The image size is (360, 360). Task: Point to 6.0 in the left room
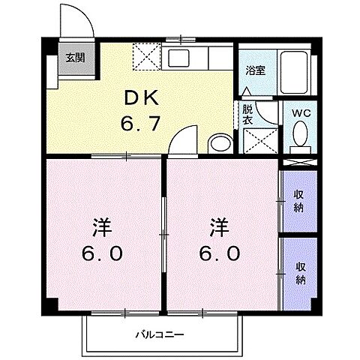pos(103,253)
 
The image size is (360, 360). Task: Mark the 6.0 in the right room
pos(220,253)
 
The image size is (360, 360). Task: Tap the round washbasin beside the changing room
pos(220,143)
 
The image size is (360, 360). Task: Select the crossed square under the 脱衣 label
pos(258,140)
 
